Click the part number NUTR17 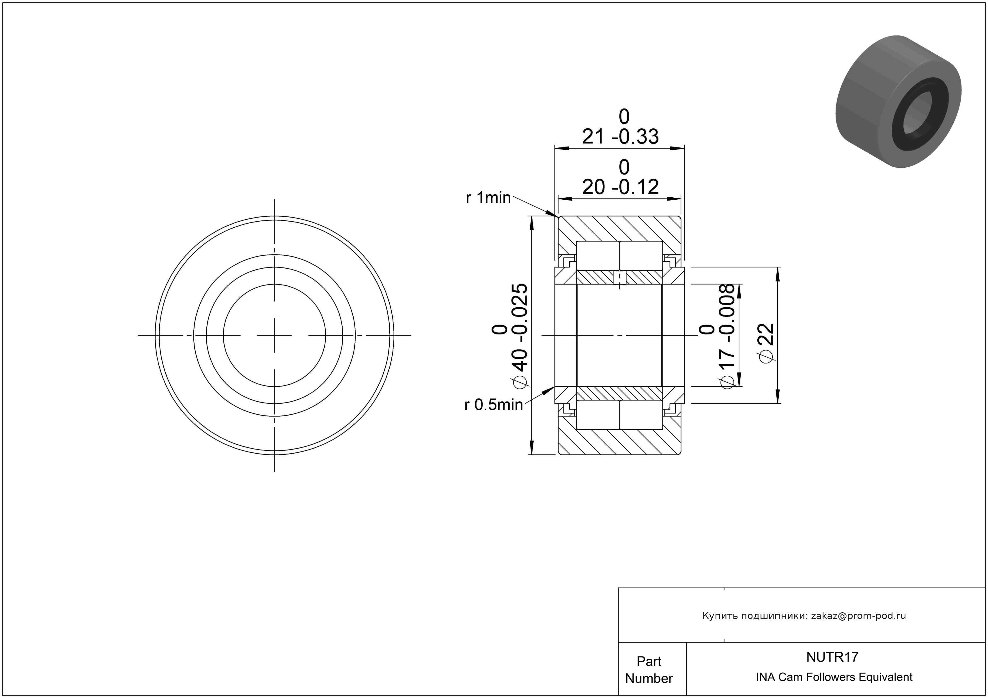(x=832, y=657)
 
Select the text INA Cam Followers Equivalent (x=834, y=677)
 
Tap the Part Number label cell (x=649, y=670)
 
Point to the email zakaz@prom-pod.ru (x=858, y=615)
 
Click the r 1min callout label (x=488, y=198)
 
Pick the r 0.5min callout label (x=493, y=405)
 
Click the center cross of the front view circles (x=274, y=336)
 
